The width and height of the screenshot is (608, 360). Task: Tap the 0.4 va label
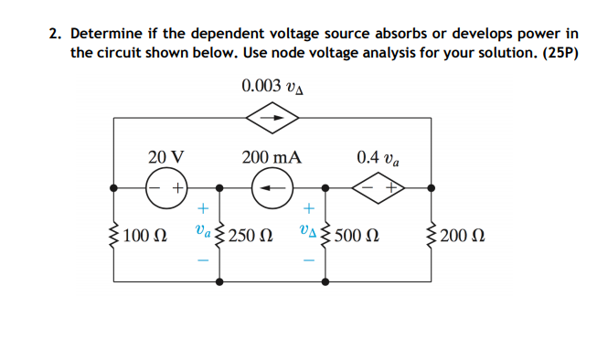pos(378,156)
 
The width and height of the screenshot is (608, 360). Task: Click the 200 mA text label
pos(272,156)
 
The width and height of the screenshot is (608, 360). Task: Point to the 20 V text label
pos(166,156)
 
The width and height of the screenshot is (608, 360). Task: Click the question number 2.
pos(55,35)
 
